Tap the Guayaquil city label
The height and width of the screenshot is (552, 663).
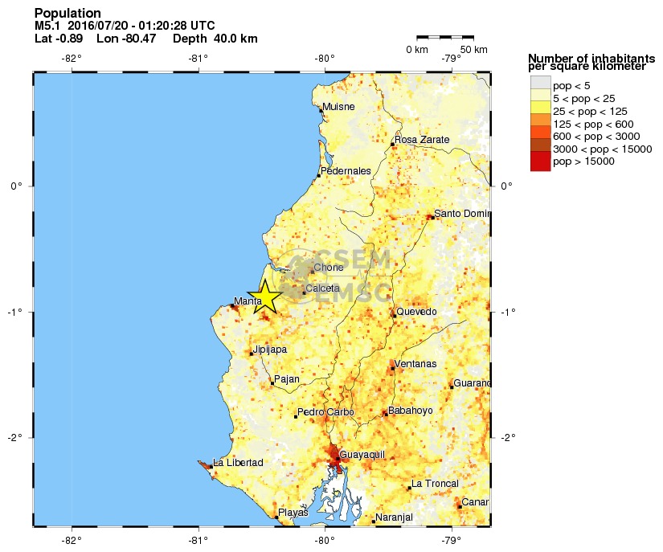pyautogui.click(x=362, y=455)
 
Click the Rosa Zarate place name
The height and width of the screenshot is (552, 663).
pyautogui.click(x=422, y=140)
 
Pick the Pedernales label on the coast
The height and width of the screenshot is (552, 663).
pyautogui.click(x=346, y=171)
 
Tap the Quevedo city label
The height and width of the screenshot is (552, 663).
pyautogui.click(x=416, y=312)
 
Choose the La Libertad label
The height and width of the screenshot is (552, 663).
pyautogui.click(x=237, y=463)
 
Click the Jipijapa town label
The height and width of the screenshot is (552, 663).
pyautogui.click(x=269, y=350)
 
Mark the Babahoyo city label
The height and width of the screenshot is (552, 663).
pyautogui.click(x=410, y=411)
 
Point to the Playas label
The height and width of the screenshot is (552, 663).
pyautogui.click(x=293, y=513)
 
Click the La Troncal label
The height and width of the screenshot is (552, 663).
pyautogui.click(x=435, y=484)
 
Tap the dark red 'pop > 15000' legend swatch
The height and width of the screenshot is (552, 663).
pyautogui.click(x=540, y=161)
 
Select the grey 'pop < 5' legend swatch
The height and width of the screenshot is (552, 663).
pyautogui.click(x=540, y=85)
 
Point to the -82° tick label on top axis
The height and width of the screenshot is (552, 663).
pyautogui.click(x=72, y=58)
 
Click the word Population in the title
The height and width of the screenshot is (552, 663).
pyautogui.click(x=68, y=14)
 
